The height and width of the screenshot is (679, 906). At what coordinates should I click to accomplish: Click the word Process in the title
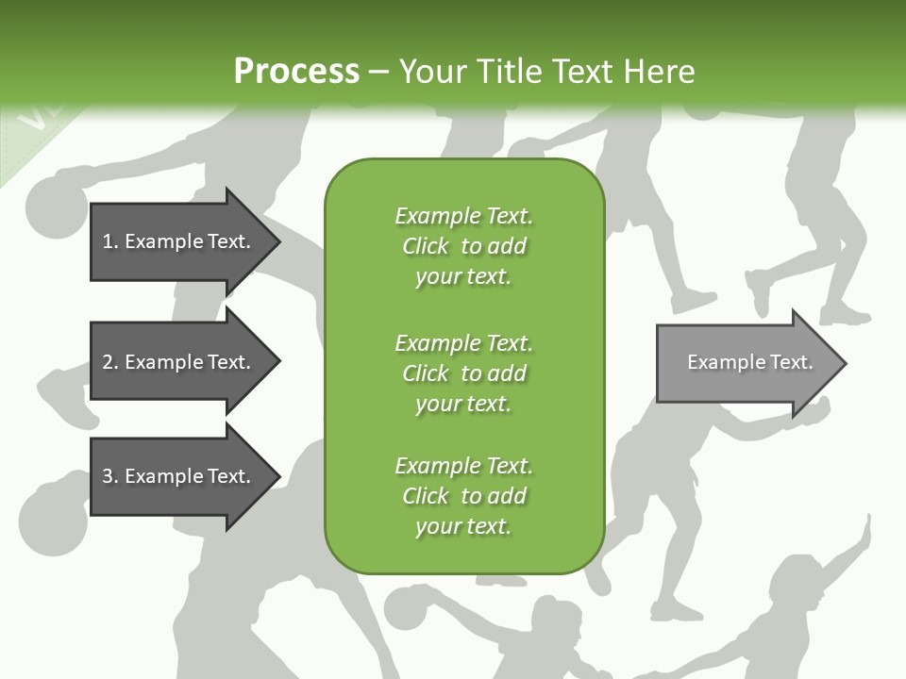pos(296,72)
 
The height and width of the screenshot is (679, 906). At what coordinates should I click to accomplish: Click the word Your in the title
pos(433,72)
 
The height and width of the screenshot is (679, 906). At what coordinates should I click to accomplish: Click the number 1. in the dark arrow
pos(110,241)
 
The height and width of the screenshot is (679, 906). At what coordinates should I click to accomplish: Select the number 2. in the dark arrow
pos(110,362)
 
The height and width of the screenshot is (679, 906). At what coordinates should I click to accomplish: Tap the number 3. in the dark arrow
pos(110,476)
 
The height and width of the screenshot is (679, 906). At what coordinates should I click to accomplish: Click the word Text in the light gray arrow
pos(792,362)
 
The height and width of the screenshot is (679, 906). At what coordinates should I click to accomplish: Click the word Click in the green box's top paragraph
pos(426,247)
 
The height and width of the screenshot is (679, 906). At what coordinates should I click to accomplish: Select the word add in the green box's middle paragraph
pos(507,373)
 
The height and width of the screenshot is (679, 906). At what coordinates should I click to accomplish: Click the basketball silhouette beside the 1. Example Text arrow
pos(55,209)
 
